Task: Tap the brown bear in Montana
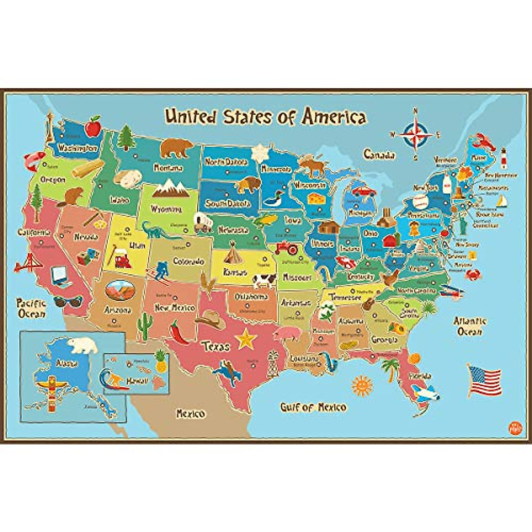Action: (176, 148)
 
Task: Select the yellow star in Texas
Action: (246, 339)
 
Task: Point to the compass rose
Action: (417, 133)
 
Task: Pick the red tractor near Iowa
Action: (286, 247)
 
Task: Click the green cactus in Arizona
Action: (144, 328)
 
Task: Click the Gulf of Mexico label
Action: (313, 407)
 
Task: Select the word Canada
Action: (379, 155)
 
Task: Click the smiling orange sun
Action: (361, 385)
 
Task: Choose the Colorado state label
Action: (188, 262)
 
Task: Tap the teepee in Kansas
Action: (231, 255)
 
